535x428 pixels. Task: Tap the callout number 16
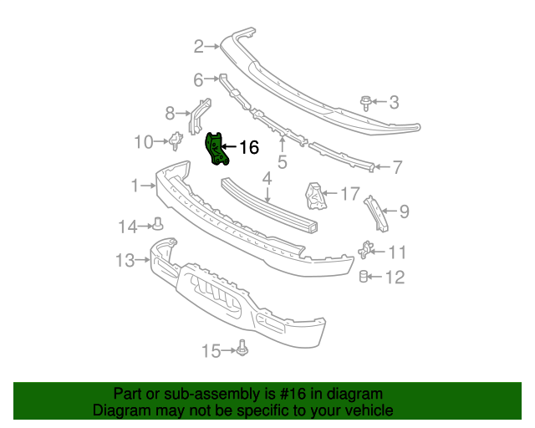pos(248,148)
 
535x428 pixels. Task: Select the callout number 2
pos(198,46)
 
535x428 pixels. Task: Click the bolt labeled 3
pos(366,102)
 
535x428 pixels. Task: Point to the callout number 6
pos(198,80)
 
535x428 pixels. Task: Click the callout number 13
pos(125,262)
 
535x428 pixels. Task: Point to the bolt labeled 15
pos(242,349)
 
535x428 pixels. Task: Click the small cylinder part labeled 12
pos(364,277)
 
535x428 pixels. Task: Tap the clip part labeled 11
pos(365,250)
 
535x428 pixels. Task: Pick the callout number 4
pos(267,178)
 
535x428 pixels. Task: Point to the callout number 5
pos(283,161)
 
